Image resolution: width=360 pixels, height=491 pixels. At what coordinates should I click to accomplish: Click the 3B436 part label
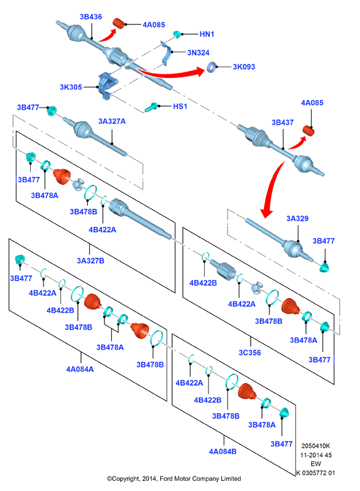pyautogui.click(x=90, y=16)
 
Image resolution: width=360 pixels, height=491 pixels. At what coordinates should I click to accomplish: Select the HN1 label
pyautogui.click(x=207, y=34)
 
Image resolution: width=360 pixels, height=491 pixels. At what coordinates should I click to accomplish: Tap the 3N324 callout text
pyautogui.click(x=198, y=53)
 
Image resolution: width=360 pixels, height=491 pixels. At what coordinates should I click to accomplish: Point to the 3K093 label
pyautogui.click(x=244, y=67)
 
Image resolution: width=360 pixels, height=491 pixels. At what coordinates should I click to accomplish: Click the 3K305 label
pyautogui.click(x=71, y=87)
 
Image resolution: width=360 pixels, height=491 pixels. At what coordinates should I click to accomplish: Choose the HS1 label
pyautogui.click(x=180, y=106)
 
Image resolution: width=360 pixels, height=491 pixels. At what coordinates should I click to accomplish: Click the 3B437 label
pyautogui.click(x=282, y=123)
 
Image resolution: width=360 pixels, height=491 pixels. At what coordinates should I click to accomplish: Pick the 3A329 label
pyautogui.click(x=297, y=218)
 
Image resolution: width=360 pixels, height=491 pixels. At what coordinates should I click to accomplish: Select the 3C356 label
pyautogui.click(x=250, y=353)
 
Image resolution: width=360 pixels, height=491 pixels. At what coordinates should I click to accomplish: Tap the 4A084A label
pyautogui.click(x=80, y=369)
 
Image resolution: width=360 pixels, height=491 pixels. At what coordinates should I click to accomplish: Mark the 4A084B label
pyautogui.click(x=222, y=451)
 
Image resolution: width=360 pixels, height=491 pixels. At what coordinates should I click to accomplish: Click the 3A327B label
pyautogui.click(x=90, y=260)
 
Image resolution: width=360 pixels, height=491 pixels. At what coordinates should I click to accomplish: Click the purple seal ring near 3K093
pyautogui.click(x=212, y=67)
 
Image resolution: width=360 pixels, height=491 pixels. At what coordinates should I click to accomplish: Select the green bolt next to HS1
pyautogui.click(x=151, y=107)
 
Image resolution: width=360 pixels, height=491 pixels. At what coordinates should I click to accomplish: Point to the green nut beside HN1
pyautogui.click(x=177, y=34)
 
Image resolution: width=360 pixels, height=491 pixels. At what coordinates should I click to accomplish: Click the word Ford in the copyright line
pyautogui.click(x=166, y=478)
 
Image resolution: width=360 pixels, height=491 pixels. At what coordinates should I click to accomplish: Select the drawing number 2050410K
pyautogui.click(x=315, y=446)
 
